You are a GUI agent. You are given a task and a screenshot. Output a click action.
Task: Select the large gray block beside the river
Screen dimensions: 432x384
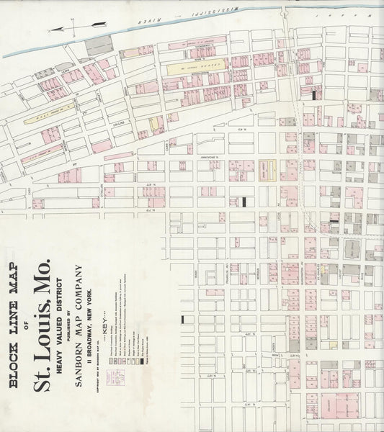click(99, 45)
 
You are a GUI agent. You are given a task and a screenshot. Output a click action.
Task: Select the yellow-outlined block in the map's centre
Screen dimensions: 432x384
click(267, 171)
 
